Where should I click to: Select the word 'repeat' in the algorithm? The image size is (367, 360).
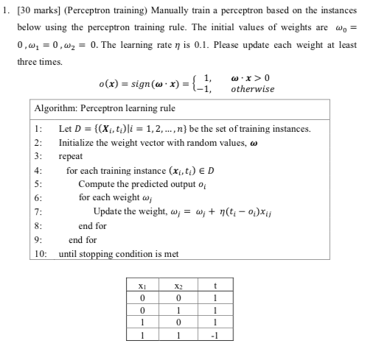click(x=71, y=157)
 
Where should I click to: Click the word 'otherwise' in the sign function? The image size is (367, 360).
click(x=253, y=88)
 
